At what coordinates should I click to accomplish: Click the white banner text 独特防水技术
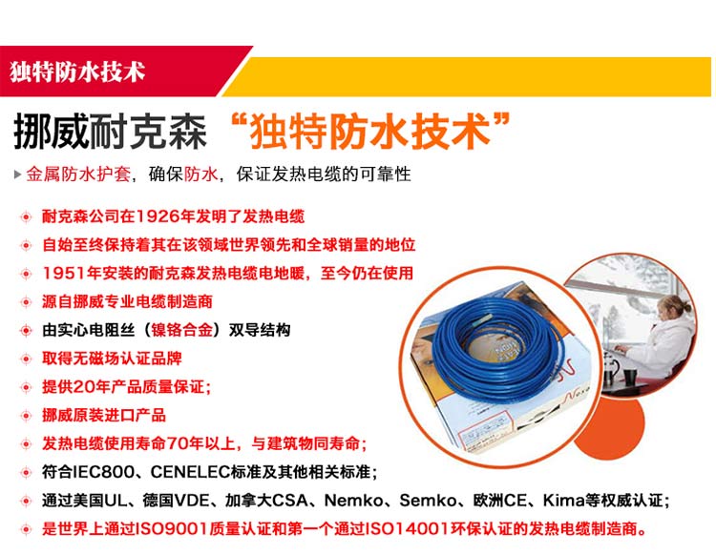pos(77,72)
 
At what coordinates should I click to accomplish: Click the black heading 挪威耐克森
pos(110,132)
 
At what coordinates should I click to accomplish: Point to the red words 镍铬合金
pos(182,330)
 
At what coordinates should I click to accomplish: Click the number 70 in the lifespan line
pos(178,443)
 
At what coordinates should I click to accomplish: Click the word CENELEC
pos(190,472)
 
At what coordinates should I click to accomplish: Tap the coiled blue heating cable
pos(497,349)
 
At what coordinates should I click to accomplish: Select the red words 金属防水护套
pos(78,174)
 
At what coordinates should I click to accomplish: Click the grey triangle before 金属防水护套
pos(17,174)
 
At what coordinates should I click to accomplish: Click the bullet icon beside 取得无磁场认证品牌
pos(26,359)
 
